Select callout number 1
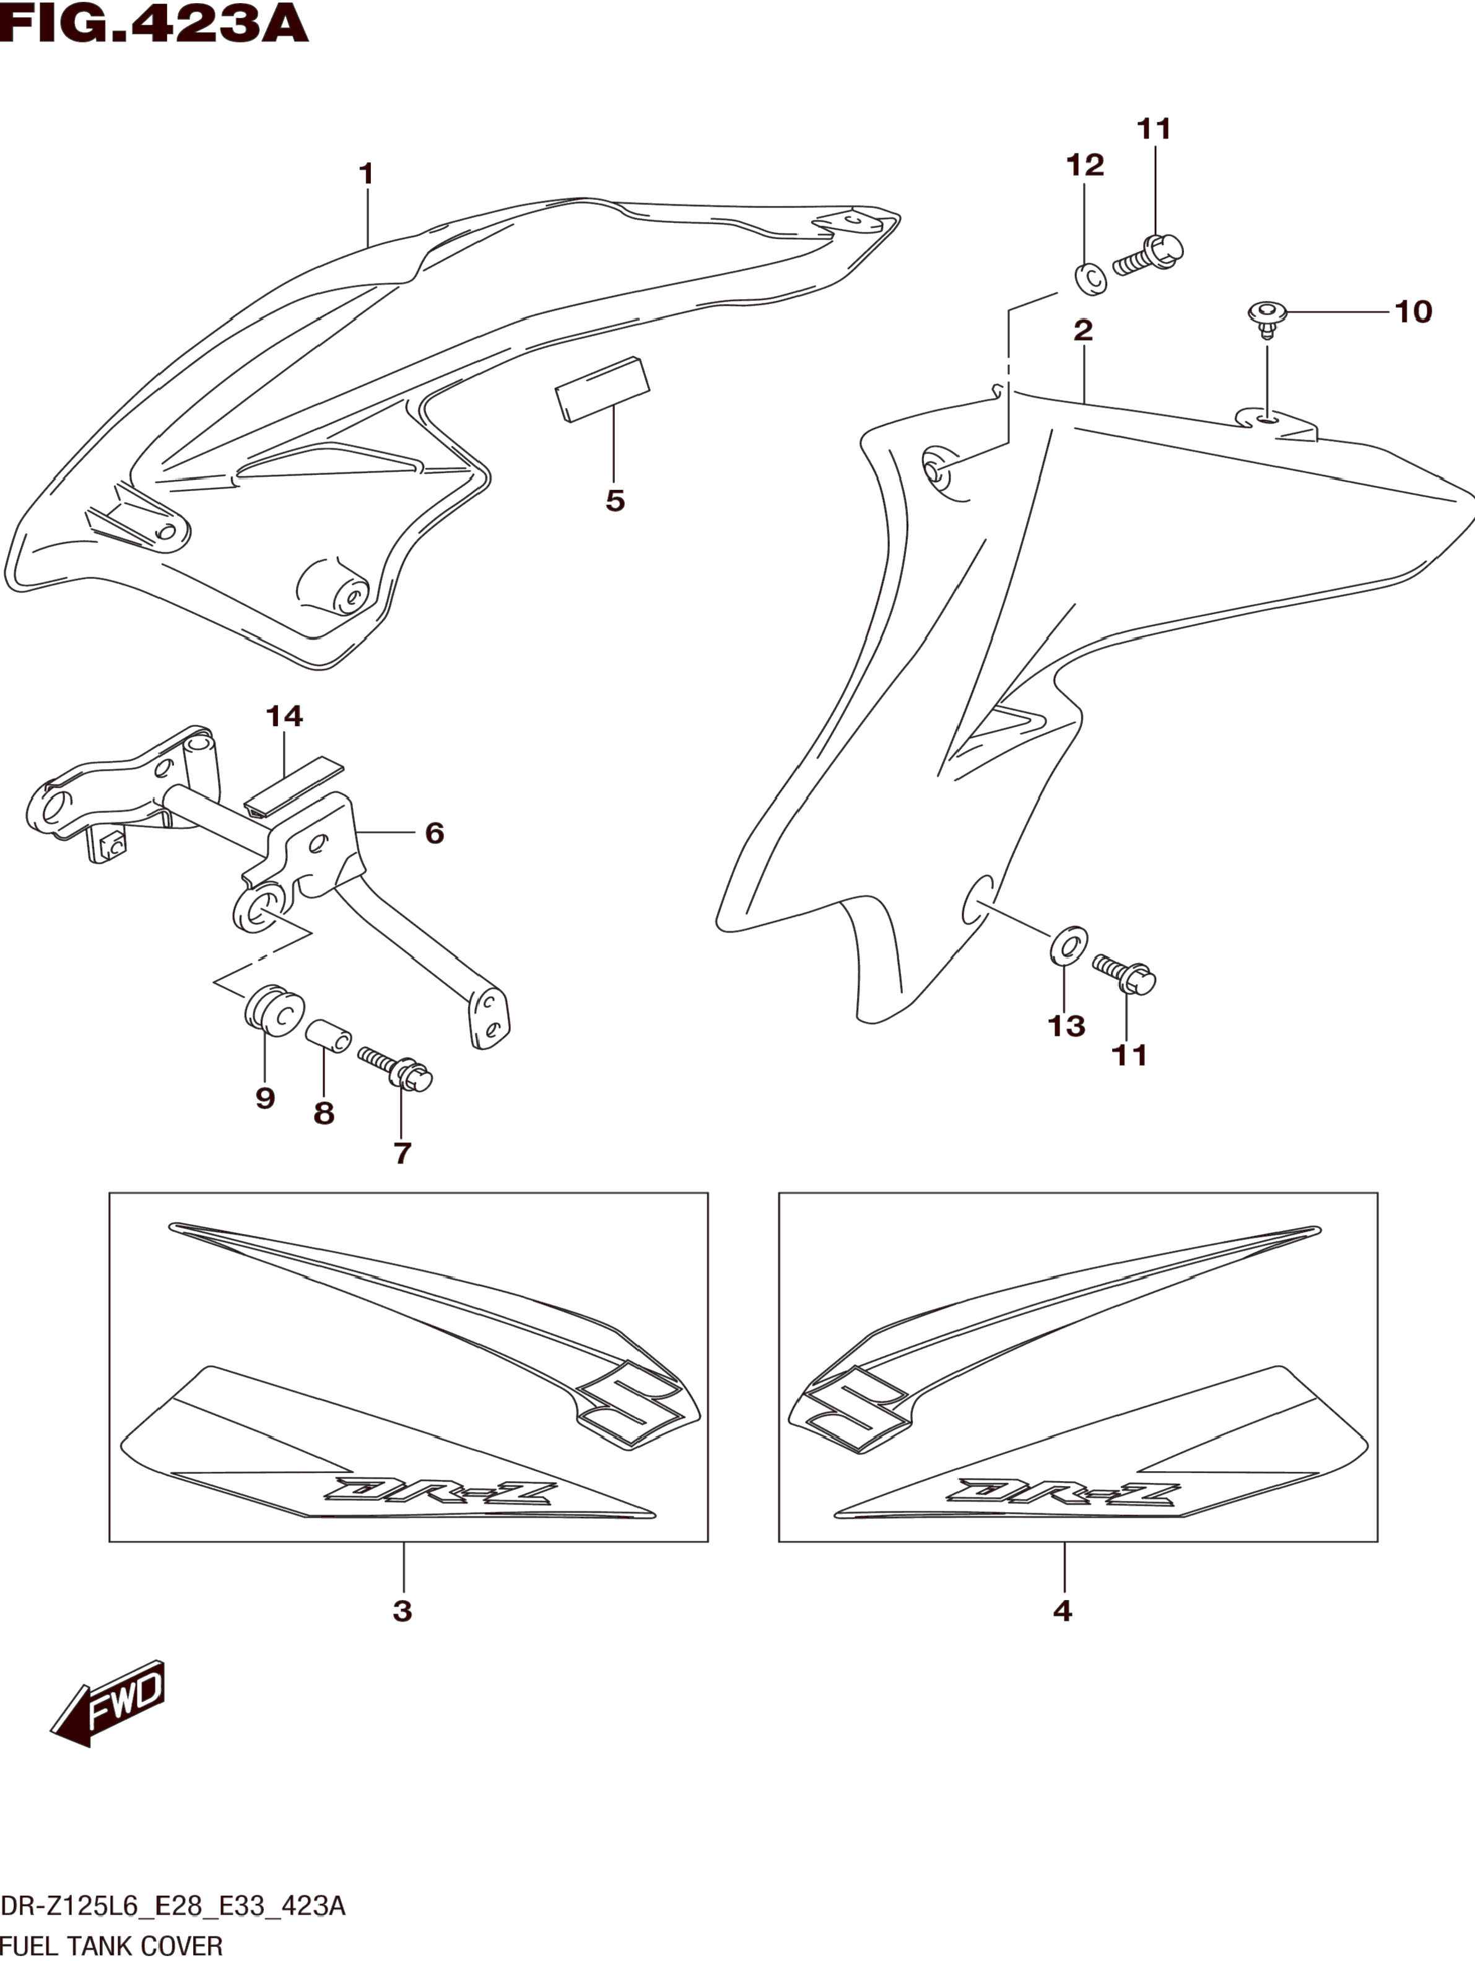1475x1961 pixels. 366,174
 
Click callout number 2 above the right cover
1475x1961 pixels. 1082,331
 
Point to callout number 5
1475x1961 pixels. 615,501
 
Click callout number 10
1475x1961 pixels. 1413,312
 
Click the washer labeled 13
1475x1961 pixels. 1069,945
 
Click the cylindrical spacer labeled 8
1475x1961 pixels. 328,1037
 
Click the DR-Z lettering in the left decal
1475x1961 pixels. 440,1491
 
